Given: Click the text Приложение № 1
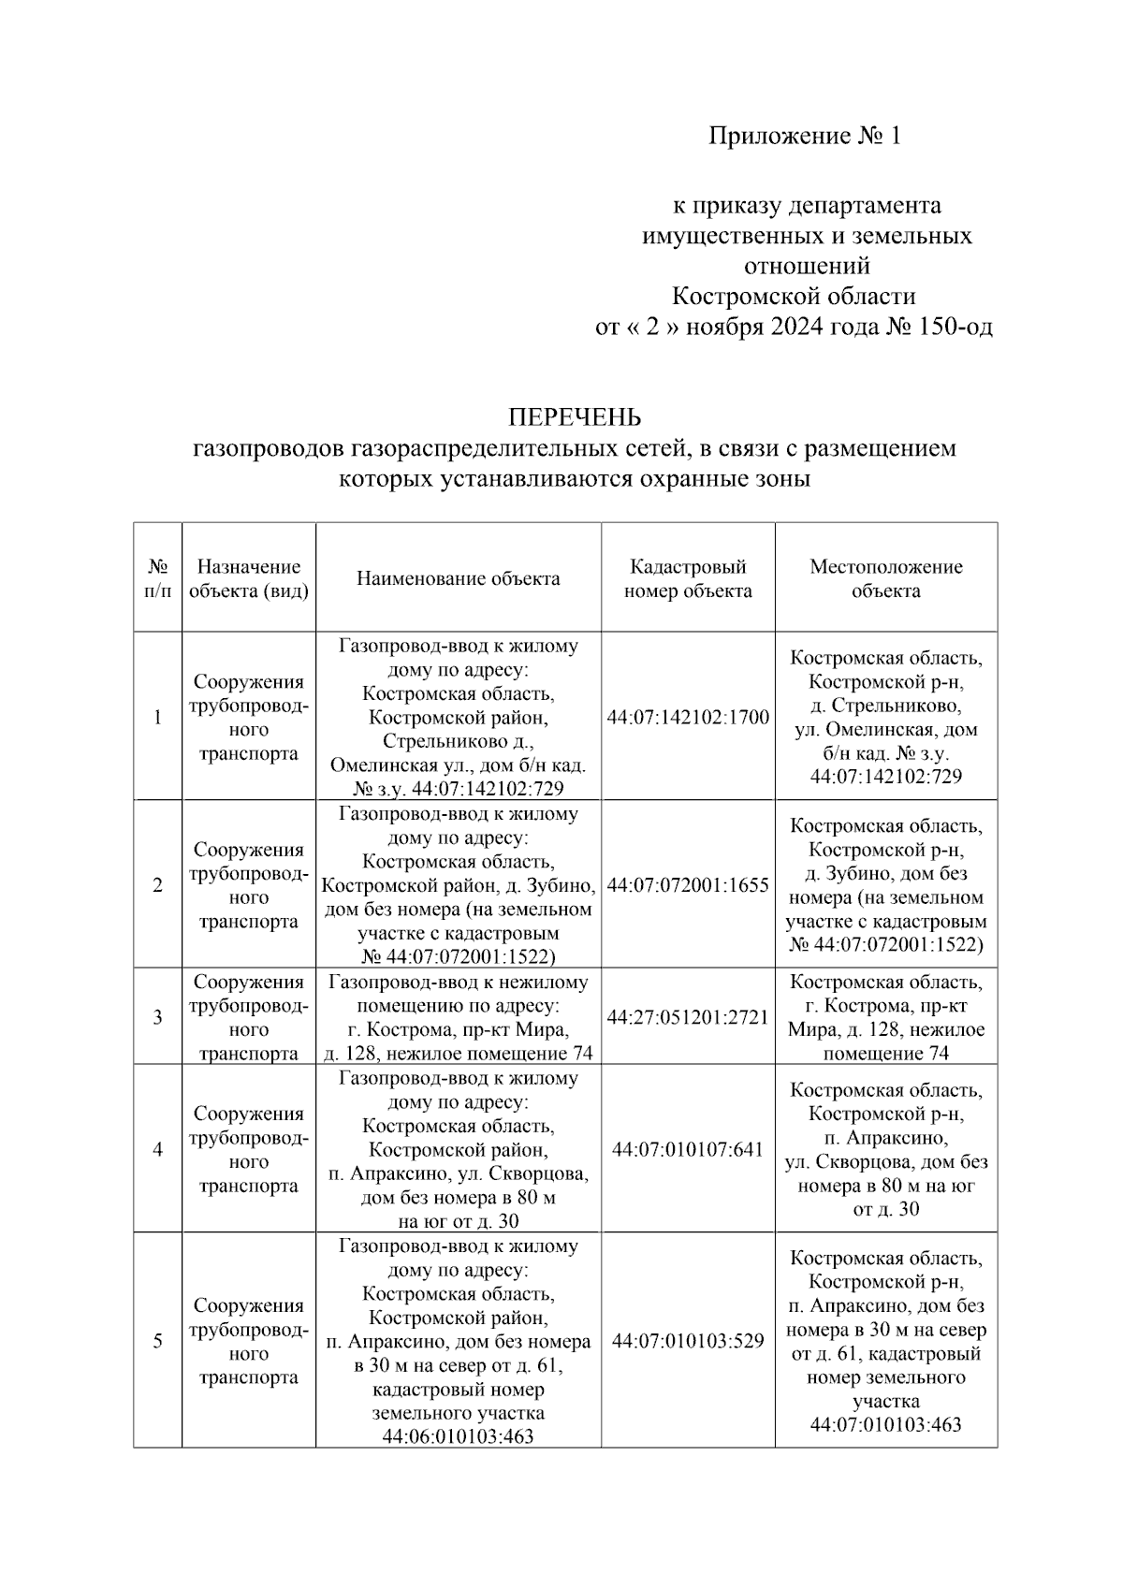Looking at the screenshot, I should point(804,137).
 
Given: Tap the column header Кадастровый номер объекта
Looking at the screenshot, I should point(688,578).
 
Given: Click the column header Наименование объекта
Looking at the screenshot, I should point(458,578).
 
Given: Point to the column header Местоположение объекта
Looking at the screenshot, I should point(885,578).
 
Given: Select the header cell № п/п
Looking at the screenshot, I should point(157,578).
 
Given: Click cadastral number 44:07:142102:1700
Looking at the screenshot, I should point(688,718).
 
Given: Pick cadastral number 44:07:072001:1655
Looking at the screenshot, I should point(688,885).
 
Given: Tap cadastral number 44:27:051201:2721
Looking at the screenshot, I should point(688,1017).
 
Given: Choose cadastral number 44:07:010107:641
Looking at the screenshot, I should point(688,1149).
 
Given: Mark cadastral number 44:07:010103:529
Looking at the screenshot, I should point(688,1341).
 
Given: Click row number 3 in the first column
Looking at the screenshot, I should point(157,1017).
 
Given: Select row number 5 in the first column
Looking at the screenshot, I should point(157,1341).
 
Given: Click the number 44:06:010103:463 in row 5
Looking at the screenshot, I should point(458,1436).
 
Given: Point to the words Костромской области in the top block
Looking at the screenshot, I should point(794,297).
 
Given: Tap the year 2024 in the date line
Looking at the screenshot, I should point(796,328).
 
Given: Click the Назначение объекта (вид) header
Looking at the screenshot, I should point(248,578).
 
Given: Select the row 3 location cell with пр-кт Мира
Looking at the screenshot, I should point(885,1017).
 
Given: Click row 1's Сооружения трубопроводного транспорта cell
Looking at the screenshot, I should point(248,718).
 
